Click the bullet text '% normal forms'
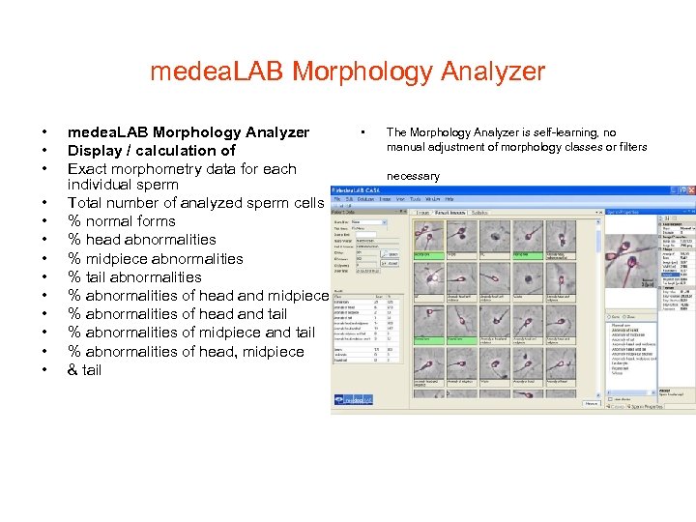tap(121, 221)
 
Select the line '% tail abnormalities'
tap(134, 277)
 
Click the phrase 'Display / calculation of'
tap(151, 151)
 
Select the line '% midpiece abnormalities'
tap(155, 259)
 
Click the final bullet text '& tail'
tap(84, 370)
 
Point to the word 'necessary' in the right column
tap(413, 176)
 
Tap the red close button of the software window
tap(689, 191)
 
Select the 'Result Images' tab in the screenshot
tap(449, 211)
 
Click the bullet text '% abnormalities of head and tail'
tap(177, 314)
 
